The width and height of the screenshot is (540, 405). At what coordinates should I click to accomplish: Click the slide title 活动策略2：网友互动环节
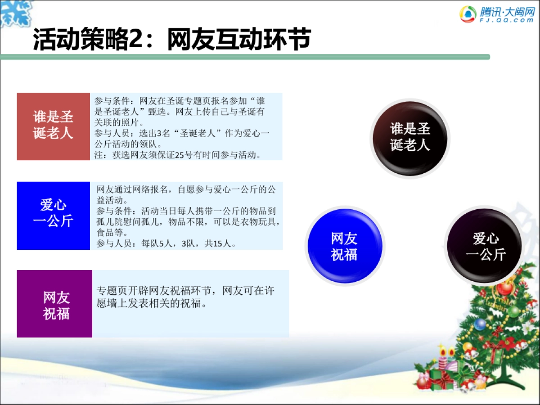click(x=171, y=40)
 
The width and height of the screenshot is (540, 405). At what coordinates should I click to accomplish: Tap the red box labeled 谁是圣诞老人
click(x=53, y=126)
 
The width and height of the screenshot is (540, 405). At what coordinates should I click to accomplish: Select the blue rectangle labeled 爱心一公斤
click(x=53, y=215)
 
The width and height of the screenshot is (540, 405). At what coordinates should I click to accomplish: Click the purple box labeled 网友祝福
click(x=54, y=304)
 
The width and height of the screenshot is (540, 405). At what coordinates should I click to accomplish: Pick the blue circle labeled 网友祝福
click(x=345, y=246)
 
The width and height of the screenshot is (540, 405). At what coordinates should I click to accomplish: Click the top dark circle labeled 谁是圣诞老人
click(x=409, y=137)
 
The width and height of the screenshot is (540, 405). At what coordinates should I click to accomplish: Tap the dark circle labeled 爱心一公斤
click(x=485, y=246)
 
